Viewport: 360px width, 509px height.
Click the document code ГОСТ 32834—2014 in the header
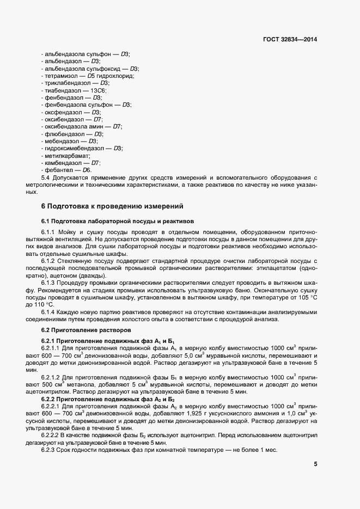[289, 40]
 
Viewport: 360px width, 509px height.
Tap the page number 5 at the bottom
[315, 464]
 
